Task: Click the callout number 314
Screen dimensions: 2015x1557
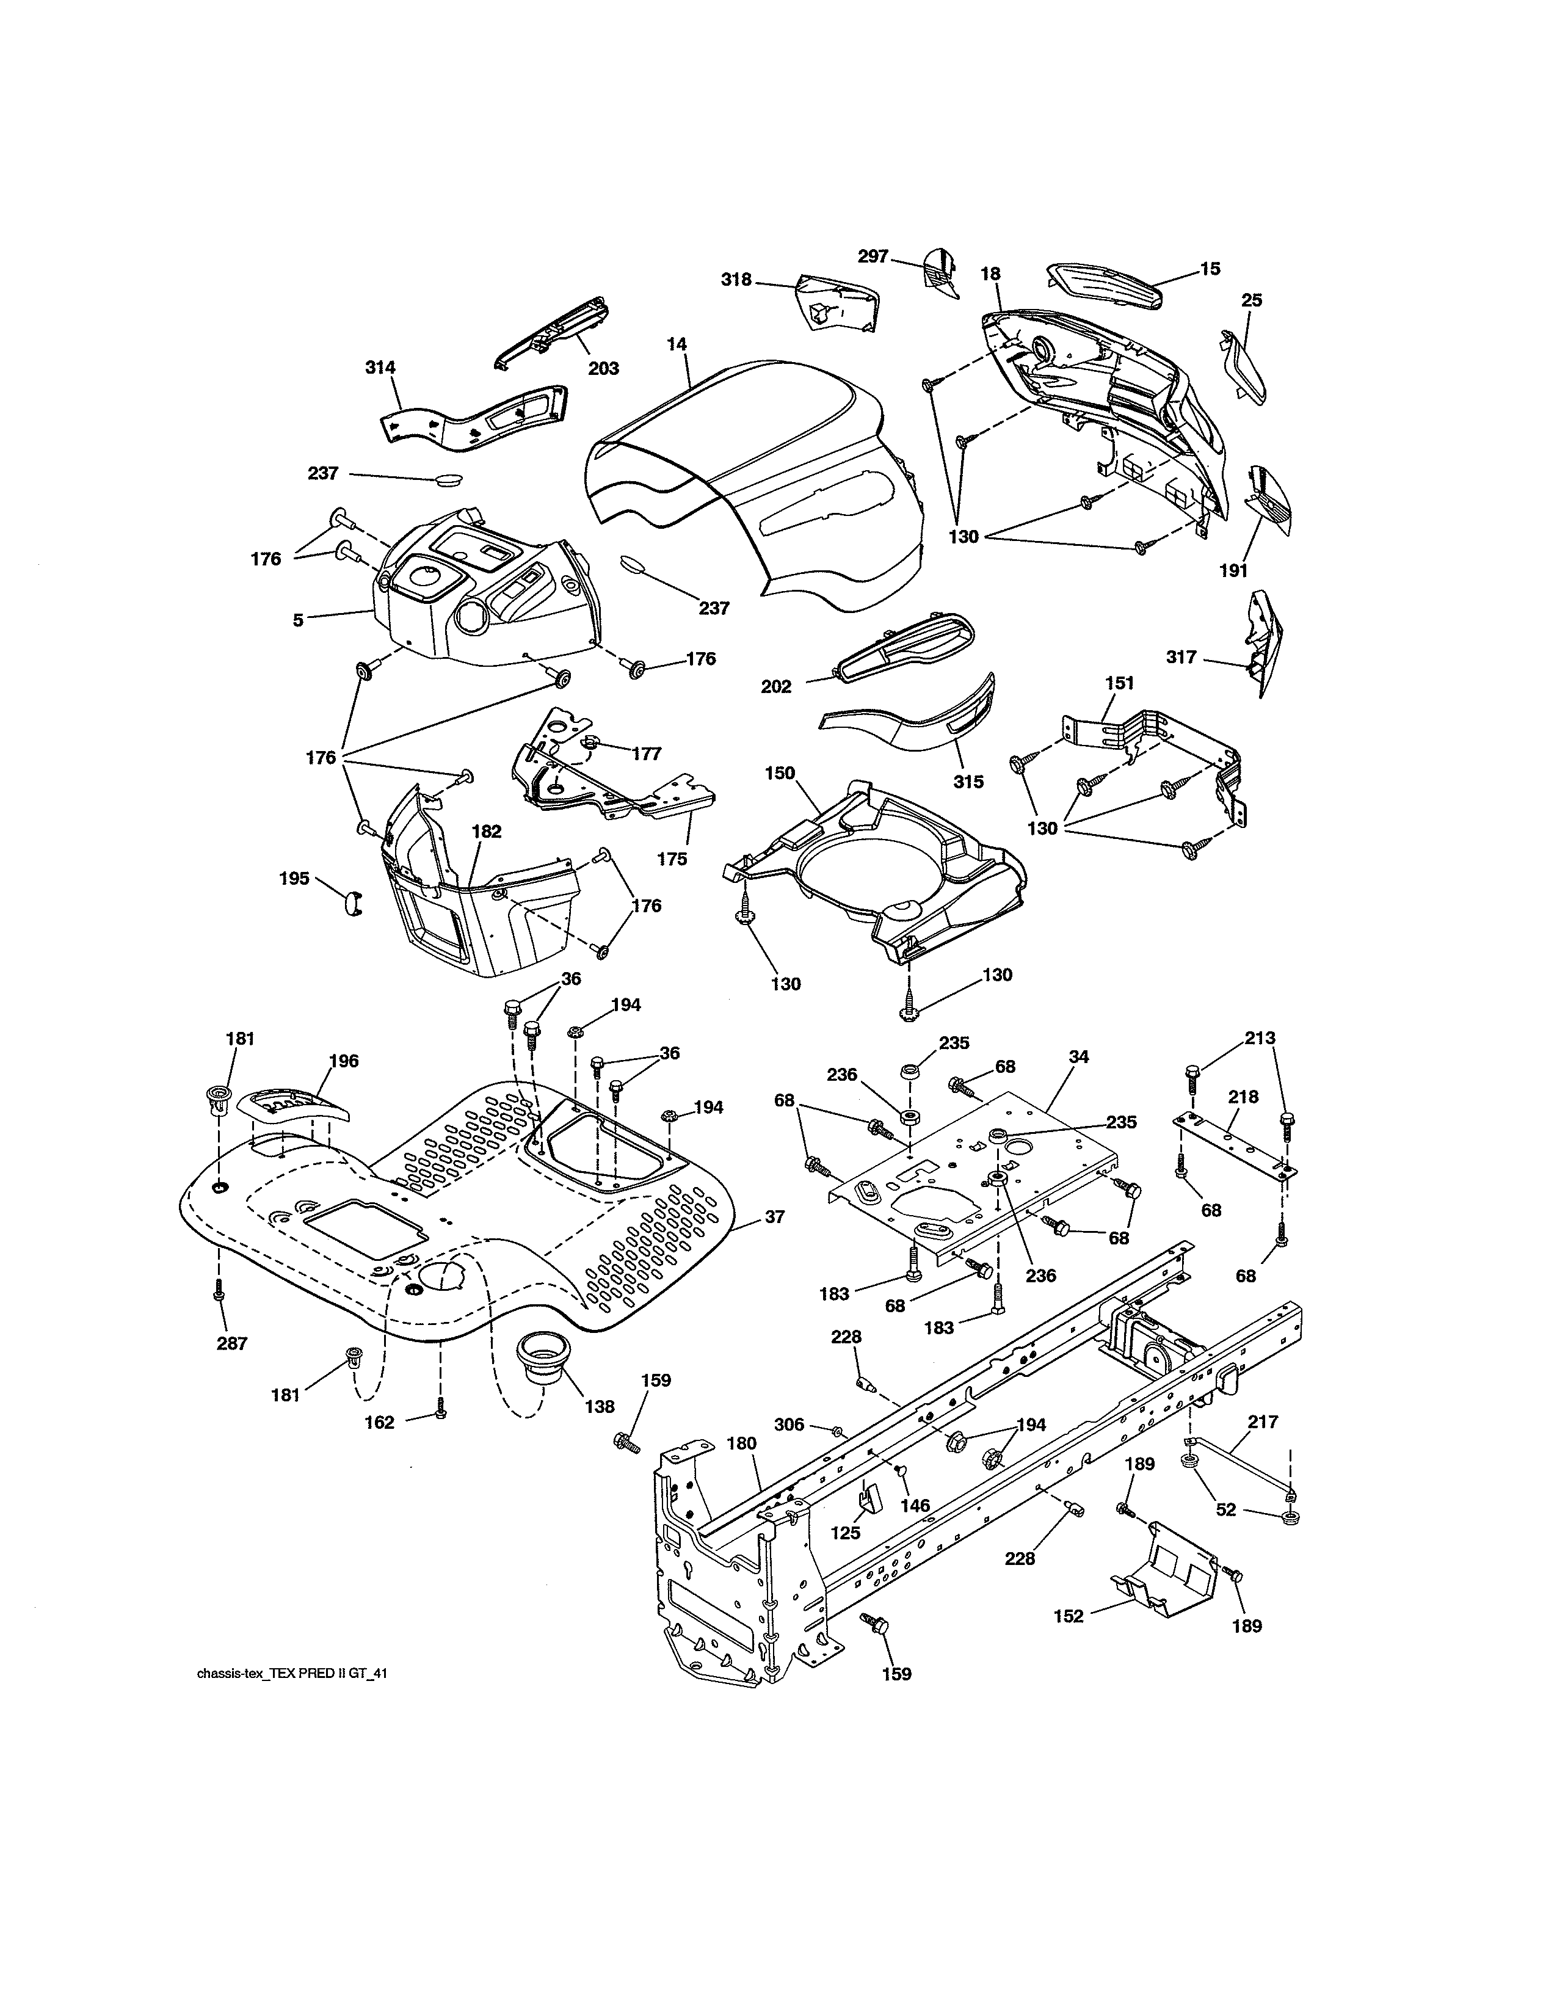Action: pos(380,367)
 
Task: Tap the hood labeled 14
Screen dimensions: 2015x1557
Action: pos(757,480)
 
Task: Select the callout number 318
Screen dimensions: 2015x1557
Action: pos(736,280)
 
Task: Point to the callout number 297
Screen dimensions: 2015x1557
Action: pos(873,256)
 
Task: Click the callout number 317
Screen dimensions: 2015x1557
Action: pos(1181,657)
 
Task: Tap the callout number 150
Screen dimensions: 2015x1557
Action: pos(780,772)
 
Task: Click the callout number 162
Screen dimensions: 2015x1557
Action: pos(379,1421)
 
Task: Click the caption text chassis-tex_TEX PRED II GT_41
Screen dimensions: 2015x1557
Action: pos(291,1672)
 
